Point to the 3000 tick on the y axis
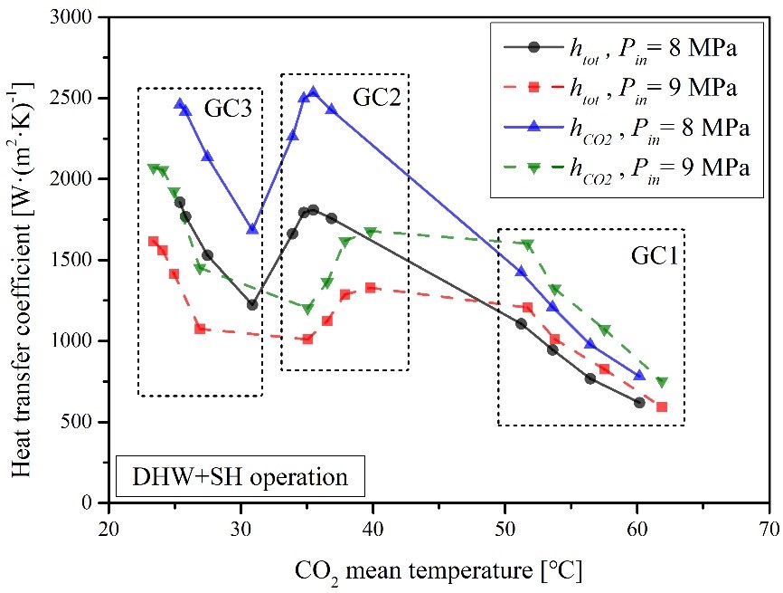point(80,17)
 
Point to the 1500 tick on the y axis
point(80,260)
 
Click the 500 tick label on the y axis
point(84,422)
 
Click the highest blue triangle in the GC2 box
point(313,92)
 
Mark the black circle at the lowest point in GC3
point(252,304)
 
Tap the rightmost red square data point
point(662,406)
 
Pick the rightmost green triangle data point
point(662,382)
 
